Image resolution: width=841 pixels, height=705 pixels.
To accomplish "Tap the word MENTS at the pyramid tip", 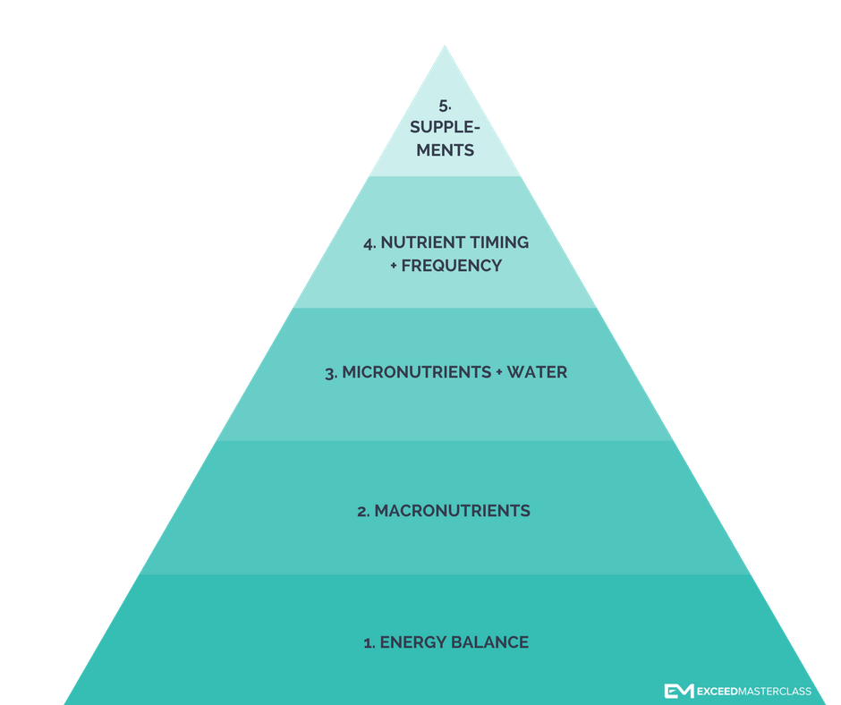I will pyautogui.click(x=445, y=150).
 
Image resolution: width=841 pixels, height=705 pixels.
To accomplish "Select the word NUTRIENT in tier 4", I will pyautogui.click(x=420, y=242).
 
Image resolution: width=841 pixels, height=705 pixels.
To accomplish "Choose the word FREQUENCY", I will pyautogui.click(x=452, y=266).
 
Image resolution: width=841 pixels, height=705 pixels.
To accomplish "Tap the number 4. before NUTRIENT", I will pyautogui.click(x=370, y=242).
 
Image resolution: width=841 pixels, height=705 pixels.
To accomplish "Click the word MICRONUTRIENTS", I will pyautogui.click(x=416, y=372).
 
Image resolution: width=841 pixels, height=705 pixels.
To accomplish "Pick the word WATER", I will pyautogui.click(x=537, y=372).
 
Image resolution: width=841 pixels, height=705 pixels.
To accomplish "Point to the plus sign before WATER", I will pyautogui.click(x=498, y=372).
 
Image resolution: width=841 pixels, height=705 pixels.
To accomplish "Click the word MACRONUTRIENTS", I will pyautogui.click(x=452, y=511).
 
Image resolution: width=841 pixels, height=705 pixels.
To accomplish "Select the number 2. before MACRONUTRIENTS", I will pyautogui.click(x=363, y=511).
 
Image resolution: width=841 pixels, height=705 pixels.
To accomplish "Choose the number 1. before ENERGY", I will pyautogui.click(x=369, y=642).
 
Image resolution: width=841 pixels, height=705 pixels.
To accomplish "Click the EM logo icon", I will pyautogui.click(x=677, y=691).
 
